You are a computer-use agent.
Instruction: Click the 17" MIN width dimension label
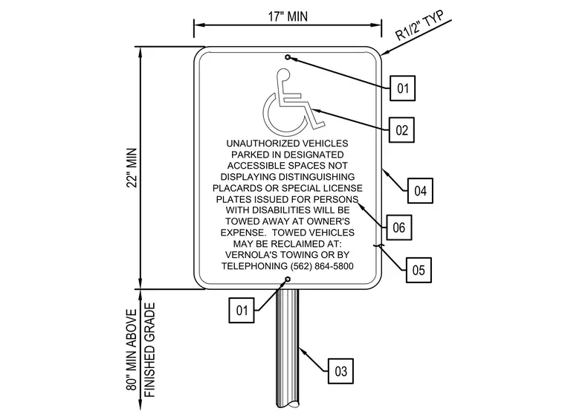tap(288, 16)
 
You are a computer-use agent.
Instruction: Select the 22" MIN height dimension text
tap(132, 167)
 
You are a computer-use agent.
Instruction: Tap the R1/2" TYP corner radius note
tap(419, 25)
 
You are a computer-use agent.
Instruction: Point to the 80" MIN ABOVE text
tap(132, 349)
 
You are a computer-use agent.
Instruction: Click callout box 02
tap(401, 130)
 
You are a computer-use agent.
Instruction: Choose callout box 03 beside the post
tap(340, 371)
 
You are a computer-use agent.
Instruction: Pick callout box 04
tap(420, 190)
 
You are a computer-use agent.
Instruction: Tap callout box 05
tap(419, 270)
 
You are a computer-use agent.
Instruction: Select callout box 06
tap(399, 227)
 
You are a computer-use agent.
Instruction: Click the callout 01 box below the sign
tap(242, 310)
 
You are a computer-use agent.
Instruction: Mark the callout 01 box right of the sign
tap(402, 88)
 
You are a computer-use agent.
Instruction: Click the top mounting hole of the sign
tap(288, 57)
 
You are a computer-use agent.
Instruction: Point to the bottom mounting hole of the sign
tap(288, 279)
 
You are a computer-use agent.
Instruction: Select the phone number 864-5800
tap(334, 266)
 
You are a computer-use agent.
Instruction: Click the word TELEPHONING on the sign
tap(254, 266)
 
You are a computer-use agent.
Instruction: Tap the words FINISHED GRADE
tap(149, 349)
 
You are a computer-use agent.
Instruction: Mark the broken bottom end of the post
tap(288, 403)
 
